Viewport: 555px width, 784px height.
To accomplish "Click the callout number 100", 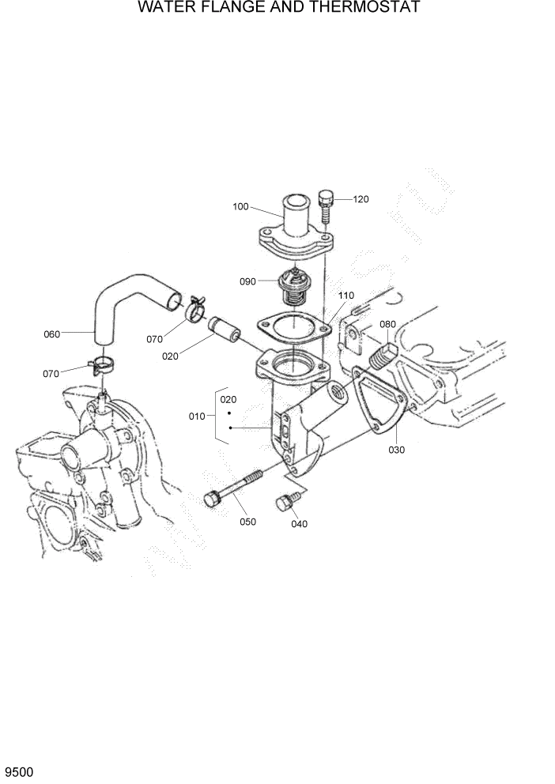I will click(x=240, y=207).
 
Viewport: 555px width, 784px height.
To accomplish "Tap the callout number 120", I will click(x=361, y=199).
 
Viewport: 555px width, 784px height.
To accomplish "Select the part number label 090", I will click(x=247, y=281).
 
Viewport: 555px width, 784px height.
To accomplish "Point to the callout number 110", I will click(x=346, y=295).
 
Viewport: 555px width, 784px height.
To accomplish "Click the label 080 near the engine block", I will click(x=387, y=324).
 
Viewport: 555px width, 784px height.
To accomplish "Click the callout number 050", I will click(x=247, y=522).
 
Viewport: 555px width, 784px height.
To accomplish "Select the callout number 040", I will click(x=299, y=524).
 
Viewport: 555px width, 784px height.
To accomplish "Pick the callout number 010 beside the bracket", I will click(x=196, y=416).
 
